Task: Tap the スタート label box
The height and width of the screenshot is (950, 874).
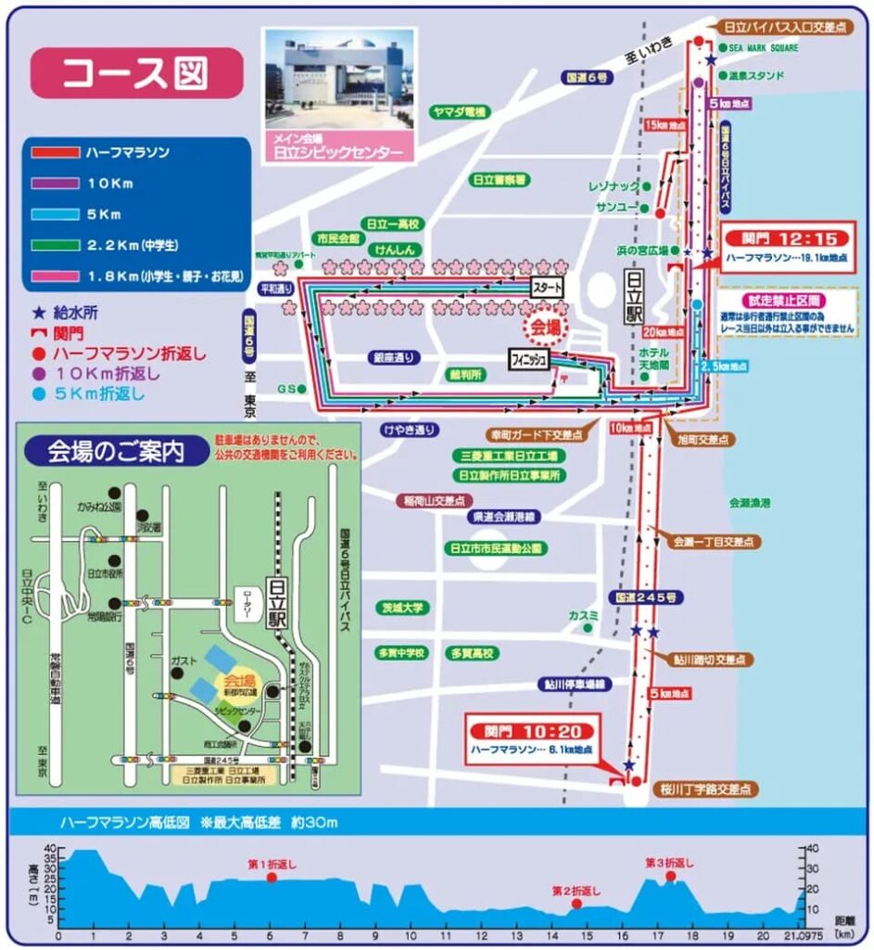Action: pyautogui.click(x=547, y=288)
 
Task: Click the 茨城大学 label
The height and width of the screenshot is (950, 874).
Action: pyautogui.click(x=401, y=608)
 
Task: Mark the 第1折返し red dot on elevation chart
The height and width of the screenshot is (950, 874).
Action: pyautogui.click(x=272, y=877)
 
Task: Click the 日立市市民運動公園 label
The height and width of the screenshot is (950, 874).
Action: pyautogui.click(x=493, y=547)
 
